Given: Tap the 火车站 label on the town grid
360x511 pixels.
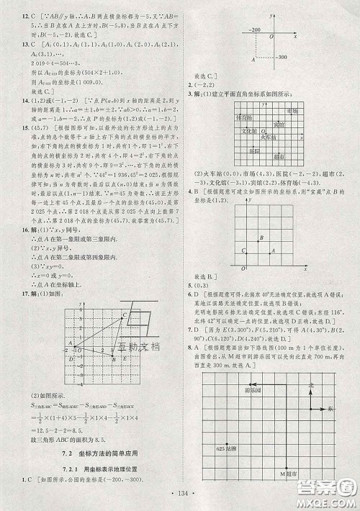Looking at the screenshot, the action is click(268, 137).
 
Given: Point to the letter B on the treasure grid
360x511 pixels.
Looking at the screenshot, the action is click(261, 237).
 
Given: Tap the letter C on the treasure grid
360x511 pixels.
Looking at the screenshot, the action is click(243, 250).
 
